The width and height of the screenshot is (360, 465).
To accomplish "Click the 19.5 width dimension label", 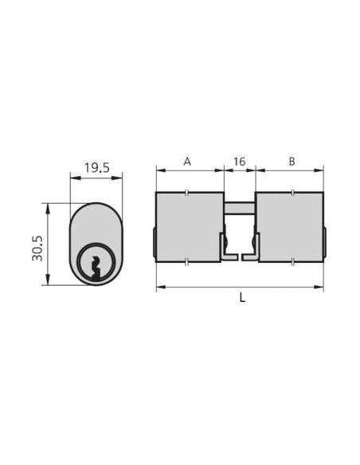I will (96, 168).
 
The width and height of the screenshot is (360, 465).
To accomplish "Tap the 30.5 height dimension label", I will (33, 244).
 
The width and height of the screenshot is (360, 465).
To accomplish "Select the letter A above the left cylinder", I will (187, 162).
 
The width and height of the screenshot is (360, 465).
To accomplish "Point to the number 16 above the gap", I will (239, 162).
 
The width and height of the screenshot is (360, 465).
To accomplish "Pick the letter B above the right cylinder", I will (292, 162).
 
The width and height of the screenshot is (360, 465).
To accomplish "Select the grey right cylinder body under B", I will (291, 226).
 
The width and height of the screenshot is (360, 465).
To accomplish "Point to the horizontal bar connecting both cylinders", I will (239, 209).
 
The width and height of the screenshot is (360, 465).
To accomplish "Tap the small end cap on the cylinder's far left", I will (154, 243).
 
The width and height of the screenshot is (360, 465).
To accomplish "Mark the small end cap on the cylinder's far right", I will (326, 243).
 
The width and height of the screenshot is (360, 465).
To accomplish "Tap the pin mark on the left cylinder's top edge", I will (186, 192).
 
